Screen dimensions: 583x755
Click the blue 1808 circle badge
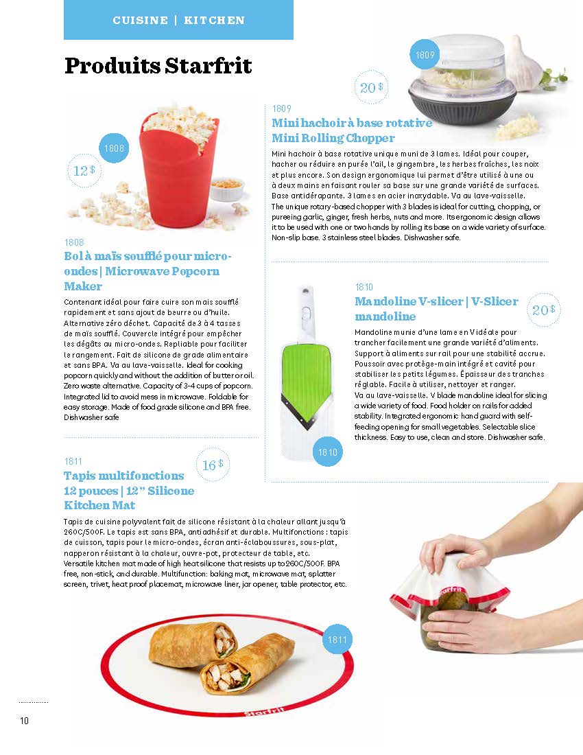click(114, 148)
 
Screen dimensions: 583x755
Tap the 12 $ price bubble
click(84, 170)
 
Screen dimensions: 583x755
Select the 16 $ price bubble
click(213, 465)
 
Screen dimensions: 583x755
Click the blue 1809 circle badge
click(425, 55)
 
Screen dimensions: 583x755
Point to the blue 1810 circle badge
click(328, 452)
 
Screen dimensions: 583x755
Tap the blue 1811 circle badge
click(337, 640)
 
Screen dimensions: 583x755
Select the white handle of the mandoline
click(305, 313)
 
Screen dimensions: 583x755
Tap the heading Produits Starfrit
click(158, 66)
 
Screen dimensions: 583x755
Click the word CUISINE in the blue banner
click(141, 20)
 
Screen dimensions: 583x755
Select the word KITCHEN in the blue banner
click(215, 20)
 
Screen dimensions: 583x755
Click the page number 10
click(24, 720)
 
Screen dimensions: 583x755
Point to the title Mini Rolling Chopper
click(333, 138)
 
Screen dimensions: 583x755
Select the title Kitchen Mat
click(99, 505)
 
